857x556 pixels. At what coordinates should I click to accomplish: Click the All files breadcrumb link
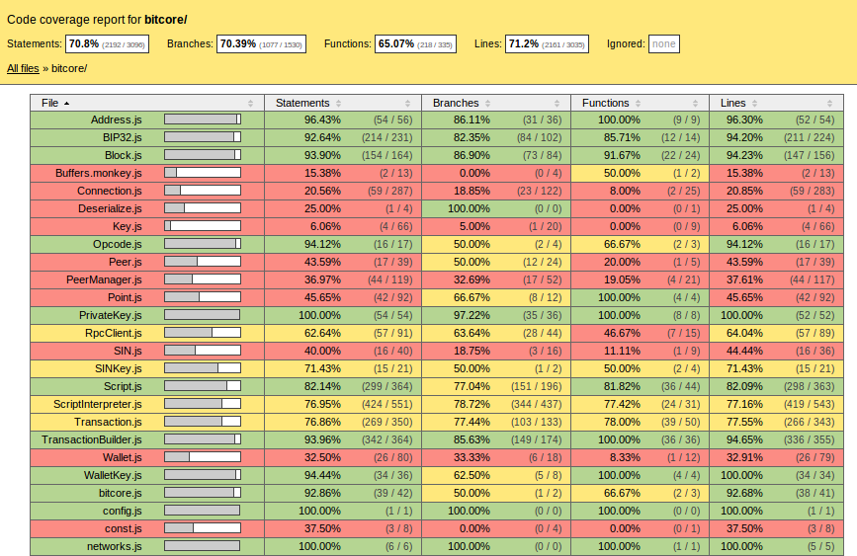[x=24, y=68]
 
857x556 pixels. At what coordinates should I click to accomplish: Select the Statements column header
[x=302, y=103]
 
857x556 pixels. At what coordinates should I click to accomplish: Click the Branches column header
[x=456, y=103]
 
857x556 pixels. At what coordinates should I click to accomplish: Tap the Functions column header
[x=605, y=103]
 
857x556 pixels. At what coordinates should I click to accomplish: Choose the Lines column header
[x=733, y=103]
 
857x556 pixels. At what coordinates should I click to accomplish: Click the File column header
[x=50, y=103]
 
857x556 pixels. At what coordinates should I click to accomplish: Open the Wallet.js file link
[x=122, y=457]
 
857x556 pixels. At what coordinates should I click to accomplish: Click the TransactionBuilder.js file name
[x=92, y=439]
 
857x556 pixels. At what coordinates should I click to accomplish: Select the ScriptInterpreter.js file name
[x=98, y=404]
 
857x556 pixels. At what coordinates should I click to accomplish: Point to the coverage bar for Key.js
[x=202, y=226]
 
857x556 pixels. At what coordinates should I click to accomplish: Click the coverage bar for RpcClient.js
[x=202, y=333]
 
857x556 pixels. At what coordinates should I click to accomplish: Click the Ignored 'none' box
[x=664, y=43]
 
